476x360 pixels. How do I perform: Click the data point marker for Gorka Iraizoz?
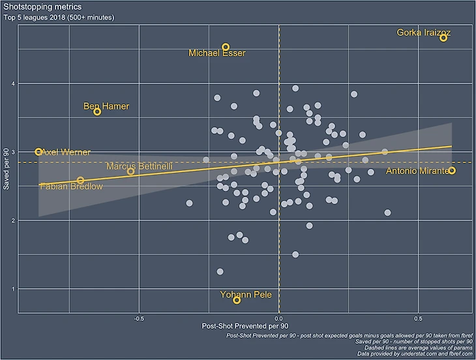point(443,38)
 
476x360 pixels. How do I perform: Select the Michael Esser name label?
point(217,53)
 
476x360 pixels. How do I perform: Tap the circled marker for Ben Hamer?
point(97,112)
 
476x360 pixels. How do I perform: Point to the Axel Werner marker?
point(38,151)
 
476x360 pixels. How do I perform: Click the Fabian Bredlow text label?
point(71,187)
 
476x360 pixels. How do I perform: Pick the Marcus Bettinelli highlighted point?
point(130,172)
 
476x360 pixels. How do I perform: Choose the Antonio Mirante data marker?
point(452,170)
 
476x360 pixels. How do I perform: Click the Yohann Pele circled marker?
point(237,300)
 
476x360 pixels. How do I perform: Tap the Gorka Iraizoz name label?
point(424,32)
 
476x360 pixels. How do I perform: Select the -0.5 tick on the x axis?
point(138,319)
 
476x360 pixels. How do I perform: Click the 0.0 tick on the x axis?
point(279,319)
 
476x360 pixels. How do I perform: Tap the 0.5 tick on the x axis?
point(418,319)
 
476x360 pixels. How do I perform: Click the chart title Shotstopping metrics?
point(42,7)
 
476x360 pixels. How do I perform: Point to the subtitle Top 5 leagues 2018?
point(59,18)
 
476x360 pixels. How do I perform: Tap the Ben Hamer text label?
point(106,106)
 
